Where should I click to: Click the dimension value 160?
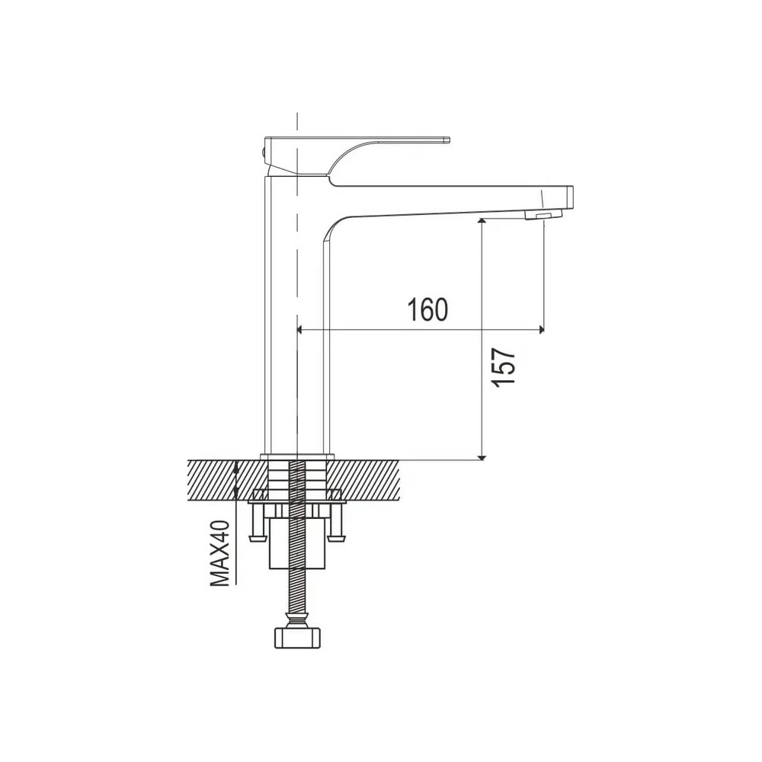click(427, 309)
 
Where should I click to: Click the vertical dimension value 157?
click(503, 367)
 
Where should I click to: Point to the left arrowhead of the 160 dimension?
click(299, 330)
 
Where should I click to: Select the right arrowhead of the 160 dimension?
click(540, 330)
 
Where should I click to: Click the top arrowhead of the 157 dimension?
click(482, 222)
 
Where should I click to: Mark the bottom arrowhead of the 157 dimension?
click(482, 456)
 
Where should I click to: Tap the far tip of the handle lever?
click(449, 140)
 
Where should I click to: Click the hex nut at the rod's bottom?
click(297, 637)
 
